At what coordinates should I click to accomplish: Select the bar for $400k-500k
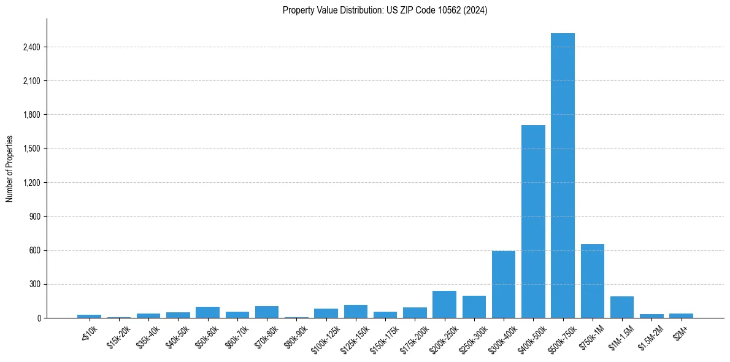click(533, 221)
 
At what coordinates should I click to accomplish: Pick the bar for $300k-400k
click(504, 285)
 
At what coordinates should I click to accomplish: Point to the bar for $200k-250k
click(444, 304)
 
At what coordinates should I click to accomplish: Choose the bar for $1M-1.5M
click(621, 307)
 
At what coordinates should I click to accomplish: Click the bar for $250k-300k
click(474, 307)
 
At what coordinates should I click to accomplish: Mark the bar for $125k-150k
click(356, 312)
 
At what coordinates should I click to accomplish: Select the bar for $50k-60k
click(207, 312)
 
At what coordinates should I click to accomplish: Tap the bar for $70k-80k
click(267, 312)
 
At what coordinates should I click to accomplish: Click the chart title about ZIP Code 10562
click(385, 10)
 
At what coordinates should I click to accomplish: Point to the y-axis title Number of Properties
click(10, 168)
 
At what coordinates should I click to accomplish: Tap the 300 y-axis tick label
click(34, 285)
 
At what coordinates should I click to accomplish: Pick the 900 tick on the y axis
click(34, 217)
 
